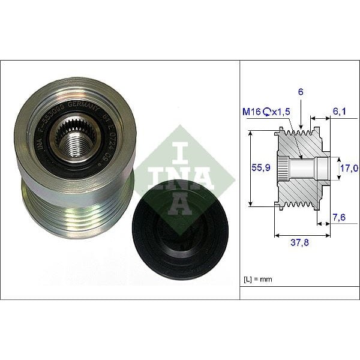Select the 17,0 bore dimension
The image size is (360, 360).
click(x=349, y=169)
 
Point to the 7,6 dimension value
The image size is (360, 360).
click(x=340, y=217)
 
